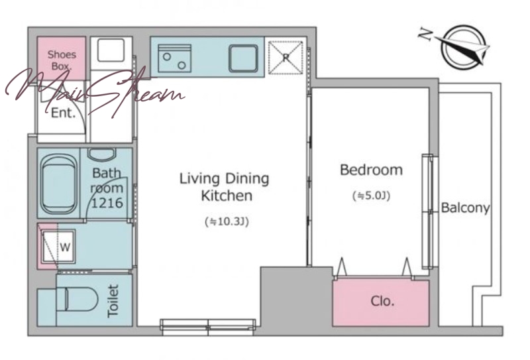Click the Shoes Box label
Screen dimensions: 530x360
click(62, 60)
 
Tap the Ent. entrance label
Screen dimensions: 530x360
click(63, 113)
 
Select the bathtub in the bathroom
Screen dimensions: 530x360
click(58, 184)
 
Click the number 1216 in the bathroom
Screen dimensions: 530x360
click(107, 203)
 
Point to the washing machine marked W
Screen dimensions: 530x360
click(58, 247)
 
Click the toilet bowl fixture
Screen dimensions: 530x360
click(76, 299)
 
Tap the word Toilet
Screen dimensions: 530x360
click(113, 301)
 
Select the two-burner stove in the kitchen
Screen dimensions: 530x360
click(174, 58)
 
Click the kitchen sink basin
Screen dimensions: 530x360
click(243, 58)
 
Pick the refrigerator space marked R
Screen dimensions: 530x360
click(286, 58)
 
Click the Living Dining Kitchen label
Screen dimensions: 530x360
click(224, 187)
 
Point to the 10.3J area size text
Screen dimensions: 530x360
click(227, 221)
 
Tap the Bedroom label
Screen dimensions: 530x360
click(371, 170)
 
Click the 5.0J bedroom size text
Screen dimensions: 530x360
click(372, 196)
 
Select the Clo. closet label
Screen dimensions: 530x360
click(382, 300)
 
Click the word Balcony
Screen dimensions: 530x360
click(466, 208)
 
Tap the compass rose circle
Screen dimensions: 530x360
click(464, 47)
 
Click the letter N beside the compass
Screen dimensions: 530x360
click(425, 34)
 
